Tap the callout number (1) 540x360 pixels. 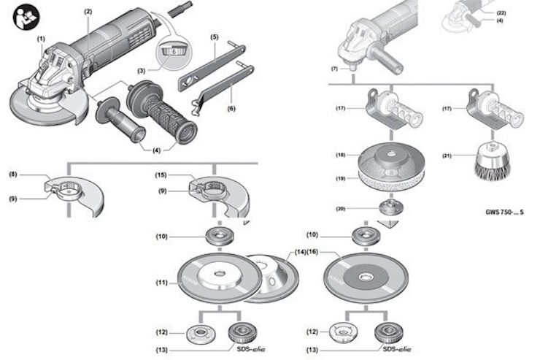pos(42,38)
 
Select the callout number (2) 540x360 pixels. pos(88,12)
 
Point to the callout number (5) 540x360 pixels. pos(215,37)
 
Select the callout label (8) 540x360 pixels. pos(13,175)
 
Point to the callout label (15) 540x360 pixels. pos(162,175)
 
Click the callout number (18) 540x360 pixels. pos(339,155)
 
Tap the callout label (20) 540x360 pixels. pos(339,210)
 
